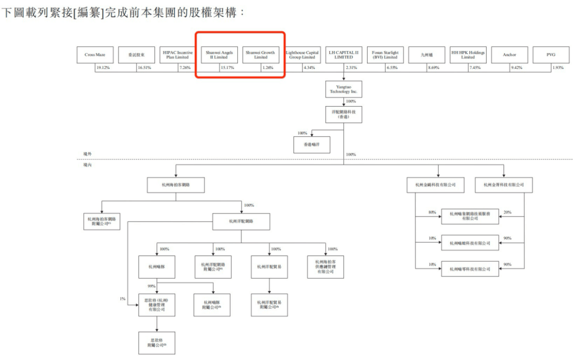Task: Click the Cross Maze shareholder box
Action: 95,55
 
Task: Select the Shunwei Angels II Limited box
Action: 220,55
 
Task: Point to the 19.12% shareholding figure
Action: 103,68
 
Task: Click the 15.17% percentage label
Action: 227,68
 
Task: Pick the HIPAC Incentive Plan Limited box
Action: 178,55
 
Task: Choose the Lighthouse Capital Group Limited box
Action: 302,55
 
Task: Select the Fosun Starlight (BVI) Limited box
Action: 385,55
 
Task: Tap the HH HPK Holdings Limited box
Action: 468,55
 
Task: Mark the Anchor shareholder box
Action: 509,55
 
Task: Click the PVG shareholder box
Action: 551,55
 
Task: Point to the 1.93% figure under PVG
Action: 557,68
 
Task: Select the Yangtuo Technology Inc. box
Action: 344,89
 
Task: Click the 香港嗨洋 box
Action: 311,144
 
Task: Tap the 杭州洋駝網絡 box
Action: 241,221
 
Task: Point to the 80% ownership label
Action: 432,212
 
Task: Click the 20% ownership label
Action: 507,212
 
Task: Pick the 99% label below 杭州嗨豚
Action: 152,286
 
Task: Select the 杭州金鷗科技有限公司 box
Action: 431,185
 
